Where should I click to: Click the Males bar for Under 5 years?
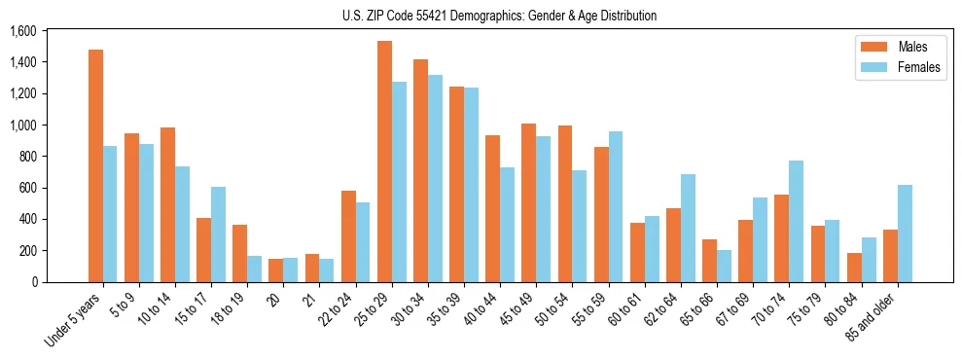tap(95, 165)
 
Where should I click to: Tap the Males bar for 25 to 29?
tap(384, 162)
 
